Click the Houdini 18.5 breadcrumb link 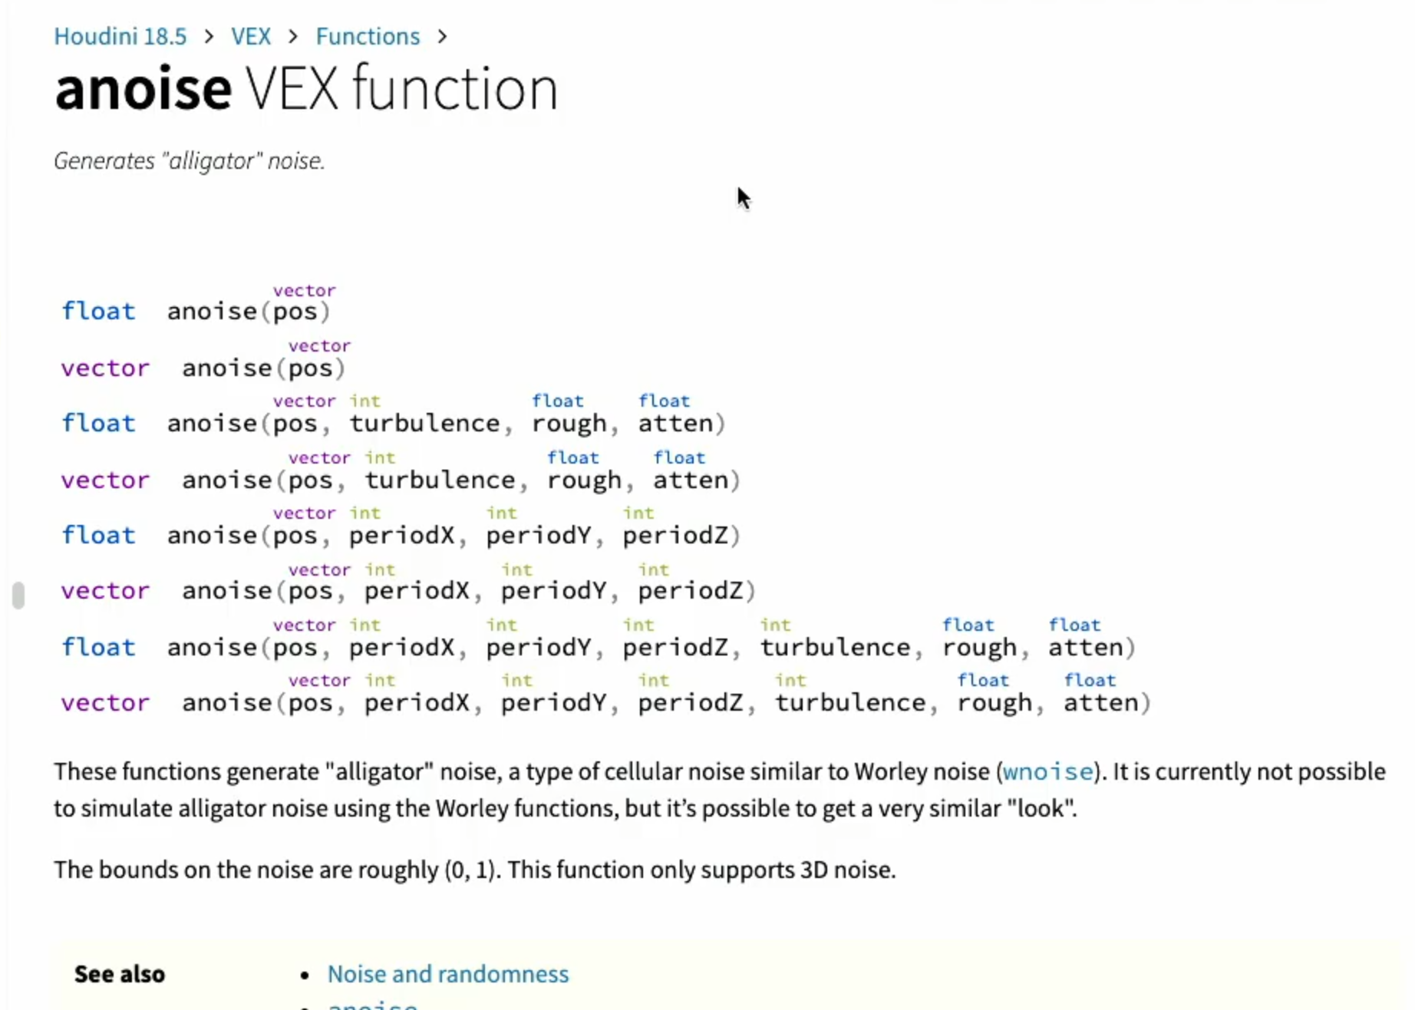[x=120, y=36]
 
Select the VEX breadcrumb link [x=251, y=36]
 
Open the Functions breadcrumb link [x=368, y=36]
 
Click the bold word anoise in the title [x=143, y=89]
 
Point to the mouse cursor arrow [x=743, y=198]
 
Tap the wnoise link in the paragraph [x=1047, y=771]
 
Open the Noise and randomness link [x=448, y=974]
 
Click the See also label [x=120, y=974]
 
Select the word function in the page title [x=455, y=89]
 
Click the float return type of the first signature [x=98, y=311]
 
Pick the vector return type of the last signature [x=105, y=703]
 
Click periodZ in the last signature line [x=690, y=703]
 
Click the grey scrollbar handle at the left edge [x=18, y=596]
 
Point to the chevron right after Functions [x=442, y=36]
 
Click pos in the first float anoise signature [x=295, y=312]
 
